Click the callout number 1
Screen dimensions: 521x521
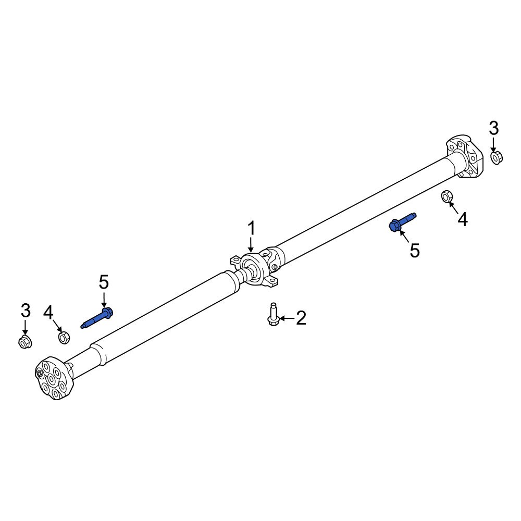click(252, 229)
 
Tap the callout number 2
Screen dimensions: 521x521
click(301, 318)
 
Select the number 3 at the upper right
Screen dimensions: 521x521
click(494, 128)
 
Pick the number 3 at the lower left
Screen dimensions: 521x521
click(26, 311)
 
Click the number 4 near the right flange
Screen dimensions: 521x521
click(463, 220)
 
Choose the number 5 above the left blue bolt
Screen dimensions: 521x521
click(104, 282)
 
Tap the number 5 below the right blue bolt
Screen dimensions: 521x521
click(415, 250)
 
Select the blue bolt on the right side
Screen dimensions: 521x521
click(402, 222)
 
